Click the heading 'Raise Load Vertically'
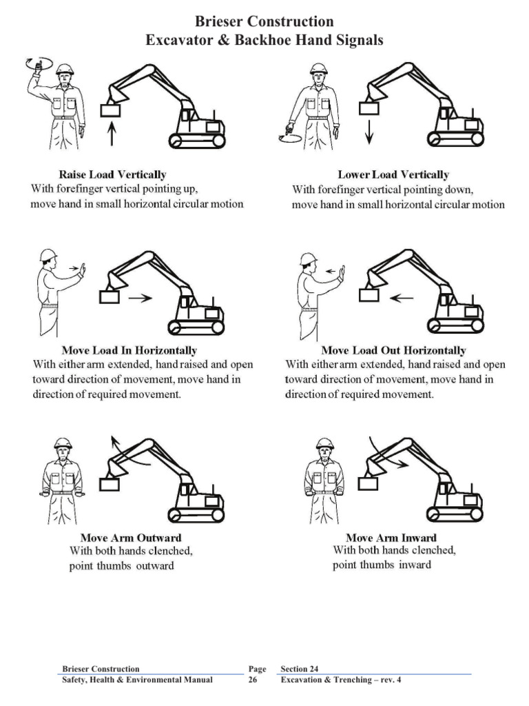point(112,174)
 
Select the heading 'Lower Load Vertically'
point(393,174)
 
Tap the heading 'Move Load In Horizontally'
point(129,350)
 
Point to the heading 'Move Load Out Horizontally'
point(393,350)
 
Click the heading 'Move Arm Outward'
point(131,537)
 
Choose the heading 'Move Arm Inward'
point(391,537)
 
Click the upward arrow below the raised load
point(112,132)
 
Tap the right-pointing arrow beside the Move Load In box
point(141,298)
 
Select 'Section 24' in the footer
point(300,669)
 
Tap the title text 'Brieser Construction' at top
point(264,23)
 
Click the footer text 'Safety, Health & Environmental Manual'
point(137,680)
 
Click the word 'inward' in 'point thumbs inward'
point(414,565)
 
